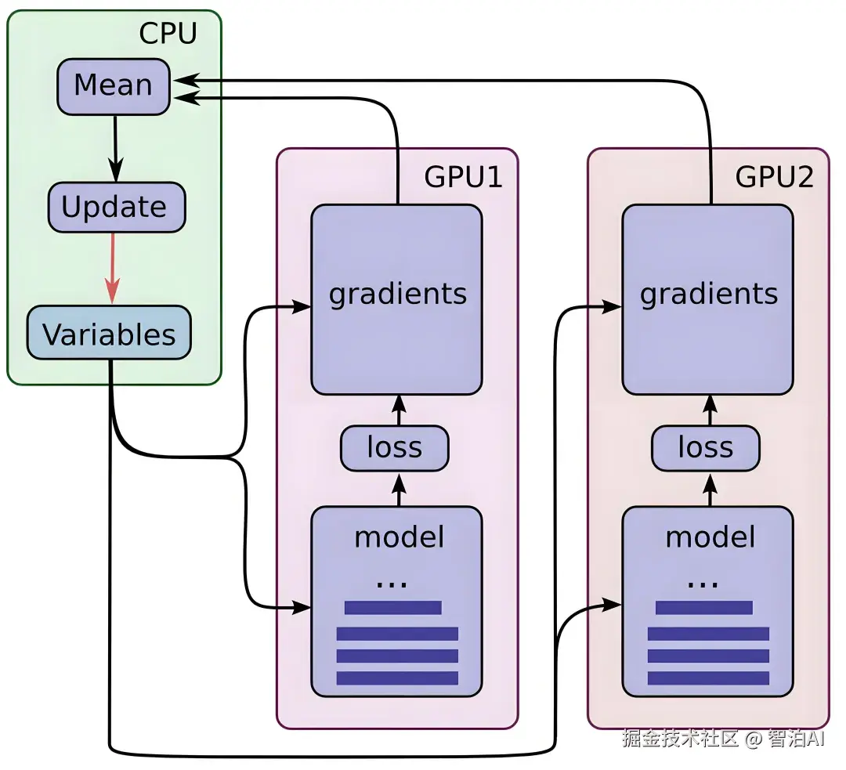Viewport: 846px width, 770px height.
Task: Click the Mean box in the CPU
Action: (114, 85)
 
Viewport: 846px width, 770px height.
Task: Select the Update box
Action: (116, 208)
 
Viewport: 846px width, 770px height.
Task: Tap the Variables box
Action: (109, 334)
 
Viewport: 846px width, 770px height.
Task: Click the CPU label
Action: (168, 34)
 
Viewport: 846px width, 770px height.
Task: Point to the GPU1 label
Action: (463, 178)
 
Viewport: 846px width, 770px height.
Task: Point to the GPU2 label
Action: (774, 178)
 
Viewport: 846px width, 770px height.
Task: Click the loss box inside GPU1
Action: (394, 448)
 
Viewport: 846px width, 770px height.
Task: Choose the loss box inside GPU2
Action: (705, 448)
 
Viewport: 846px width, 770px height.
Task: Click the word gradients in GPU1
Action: (398, 294)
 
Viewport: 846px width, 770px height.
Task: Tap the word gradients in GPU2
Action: (709, 294)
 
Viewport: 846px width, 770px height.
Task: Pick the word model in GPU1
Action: (399, 537)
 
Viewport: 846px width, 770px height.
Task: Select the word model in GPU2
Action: (710, 537)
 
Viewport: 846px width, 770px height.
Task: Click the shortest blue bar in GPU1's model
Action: (392, 607)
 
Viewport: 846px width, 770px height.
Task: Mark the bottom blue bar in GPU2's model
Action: (708, 678)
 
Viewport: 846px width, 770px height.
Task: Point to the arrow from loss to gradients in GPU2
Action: (710, 410)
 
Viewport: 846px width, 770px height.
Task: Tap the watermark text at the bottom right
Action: (724, 738)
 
